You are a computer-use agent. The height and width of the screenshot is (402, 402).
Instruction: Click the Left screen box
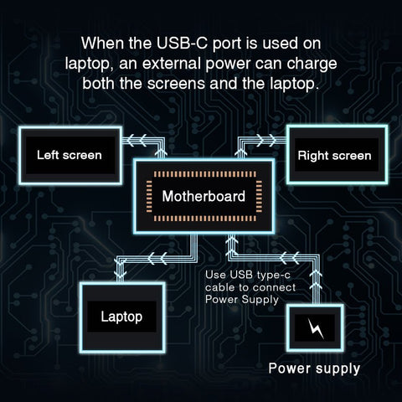point(70,156)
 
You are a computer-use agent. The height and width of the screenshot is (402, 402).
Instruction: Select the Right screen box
point(334,156)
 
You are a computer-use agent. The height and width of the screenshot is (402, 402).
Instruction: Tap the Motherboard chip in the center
point(204,198)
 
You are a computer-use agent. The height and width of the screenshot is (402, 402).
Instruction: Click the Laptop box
point(121,317)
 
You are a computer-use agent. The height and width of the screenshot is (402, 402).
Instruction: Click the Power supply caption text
point(314,368)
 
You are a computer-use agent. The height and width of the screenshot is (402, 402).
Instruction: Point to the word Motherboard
point(204,198)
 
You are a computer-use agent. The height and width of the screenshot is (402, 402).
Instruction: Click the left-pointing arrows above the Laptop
point(151,257)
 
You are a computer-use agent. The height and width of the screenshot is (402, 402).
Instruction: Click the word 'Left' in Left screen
point(49,156)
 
